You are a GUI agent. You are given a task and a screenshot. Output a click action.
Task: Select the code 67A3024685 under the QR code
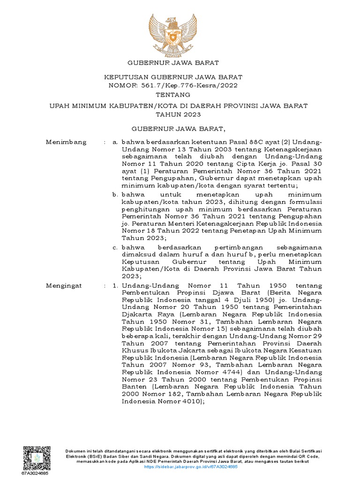35,473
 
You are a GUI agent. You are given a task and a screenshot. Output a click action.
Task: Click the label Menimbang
66,142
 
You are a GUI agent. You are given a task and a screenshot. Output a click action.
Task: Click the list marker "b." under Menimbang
114,194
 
